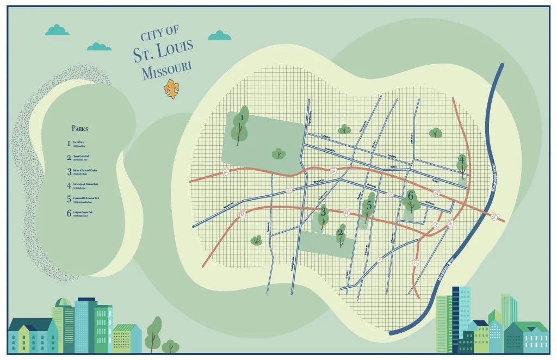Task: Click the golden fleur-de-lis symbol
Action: (172, 89)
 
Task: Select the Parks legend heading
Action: (79, 129)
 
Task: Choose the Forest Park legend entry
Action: (82, 144)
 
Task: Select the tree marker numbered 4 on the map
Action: (462, 165)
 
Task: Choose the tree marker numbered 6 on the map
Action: (412, 200)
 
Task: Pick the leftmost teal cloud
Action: (57, 30)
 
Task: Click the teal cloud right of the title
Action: (220, 36)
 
